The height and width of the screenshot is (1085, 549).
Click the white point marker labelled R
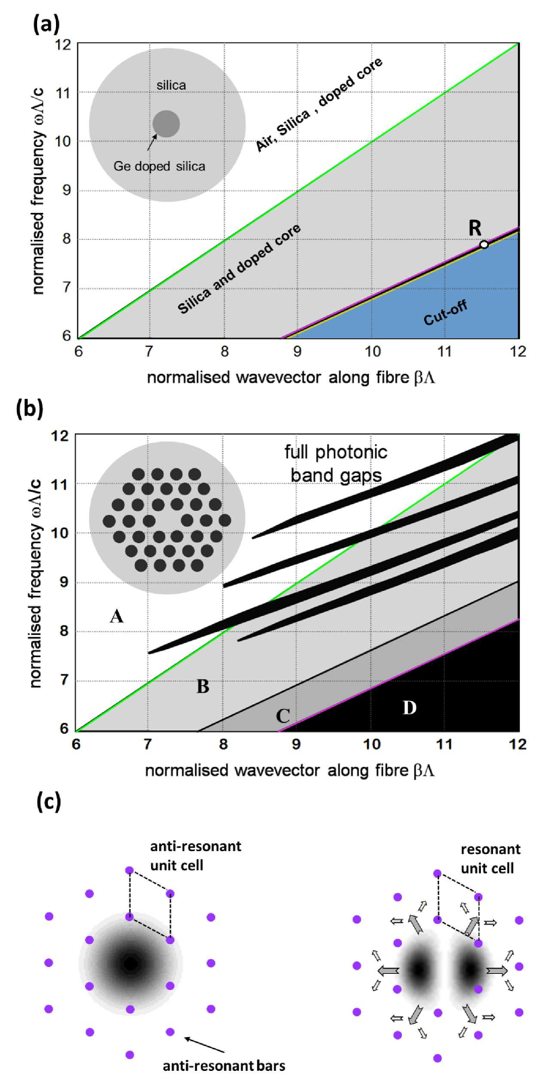(484, 244)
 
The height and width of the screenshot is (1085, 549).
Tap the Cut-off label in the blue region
(445, 313)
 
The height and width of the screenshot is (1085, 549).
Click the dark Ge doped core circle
(166, 124)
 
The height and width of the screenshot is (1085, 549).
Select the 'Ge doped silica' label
(159, 166)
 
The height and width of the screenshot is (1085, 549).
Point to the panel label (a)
(47, 24)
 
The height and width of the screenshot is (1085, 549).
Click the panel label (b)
(30, 409)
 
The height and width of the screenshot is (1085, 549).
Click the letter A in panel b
(117, 616)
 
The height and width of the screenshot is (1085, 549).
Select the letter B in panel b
(202, 687)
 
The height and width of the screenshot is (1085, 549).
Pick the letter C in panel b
(283, 716)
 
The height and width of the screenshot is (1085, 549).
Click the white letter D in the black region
(409, 708)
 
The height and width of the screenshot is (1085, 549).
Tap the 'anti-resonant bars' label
(224, 1065)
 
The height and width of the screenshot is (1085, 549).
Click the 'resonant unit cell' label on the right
(490, 859)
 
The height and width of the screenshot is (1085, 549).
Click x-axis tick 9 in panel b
(296, 744)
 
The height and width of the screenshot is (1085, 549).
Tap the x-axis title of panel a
(291, 377)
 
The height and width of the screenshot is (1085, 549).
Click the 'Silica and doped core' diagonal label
(239, 270)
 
